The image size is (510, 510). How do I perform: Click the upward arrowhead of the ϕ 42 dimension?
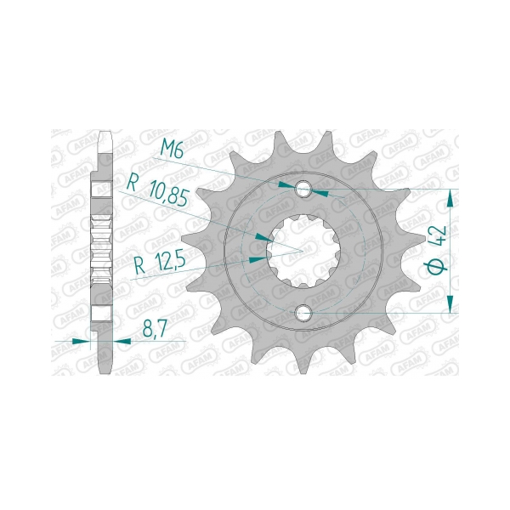click(x=450, y=199)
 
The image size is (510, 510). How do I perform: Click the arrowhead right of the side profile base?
click(x=122, y=341)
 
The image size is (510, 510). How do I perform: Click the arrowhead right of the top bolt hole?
click(x=322, y=193)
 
